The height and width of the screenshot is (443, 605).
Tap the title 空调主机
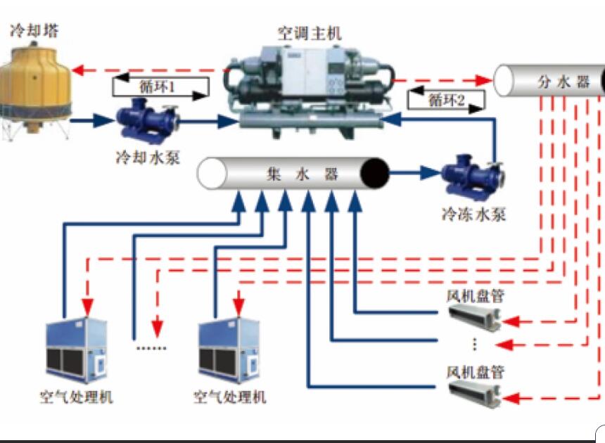[x=309, y=32]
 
